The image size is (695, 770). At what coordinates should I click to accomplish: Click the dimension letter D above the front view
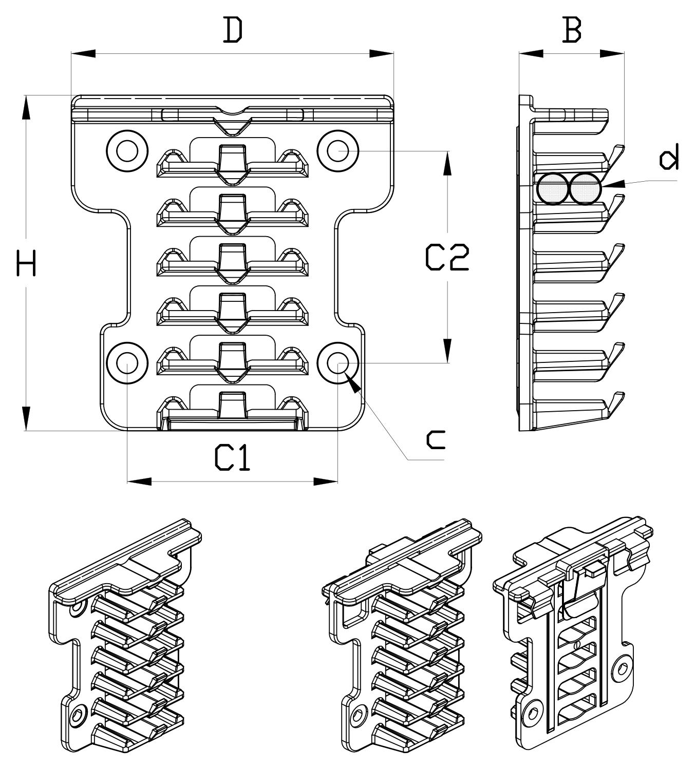233,30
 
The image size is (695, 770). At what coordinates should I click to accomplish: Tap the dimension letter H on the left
26,263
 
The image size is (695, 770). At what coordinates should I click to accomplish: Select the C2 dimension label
447,258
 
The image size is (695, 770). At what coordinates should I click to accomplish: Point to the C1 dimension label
232,457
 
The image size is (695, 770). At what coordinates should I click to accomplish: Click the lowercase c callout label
436,439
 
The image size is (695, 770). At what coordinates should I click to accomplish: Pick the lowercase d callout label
669,157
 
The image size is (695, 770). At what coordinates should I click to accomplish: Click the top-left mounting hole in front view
127,151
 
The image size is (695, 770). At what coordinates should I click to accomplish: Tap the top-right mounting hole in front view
337,151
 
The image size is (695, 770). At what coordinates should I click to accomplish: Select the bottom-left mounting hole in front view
127,363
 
